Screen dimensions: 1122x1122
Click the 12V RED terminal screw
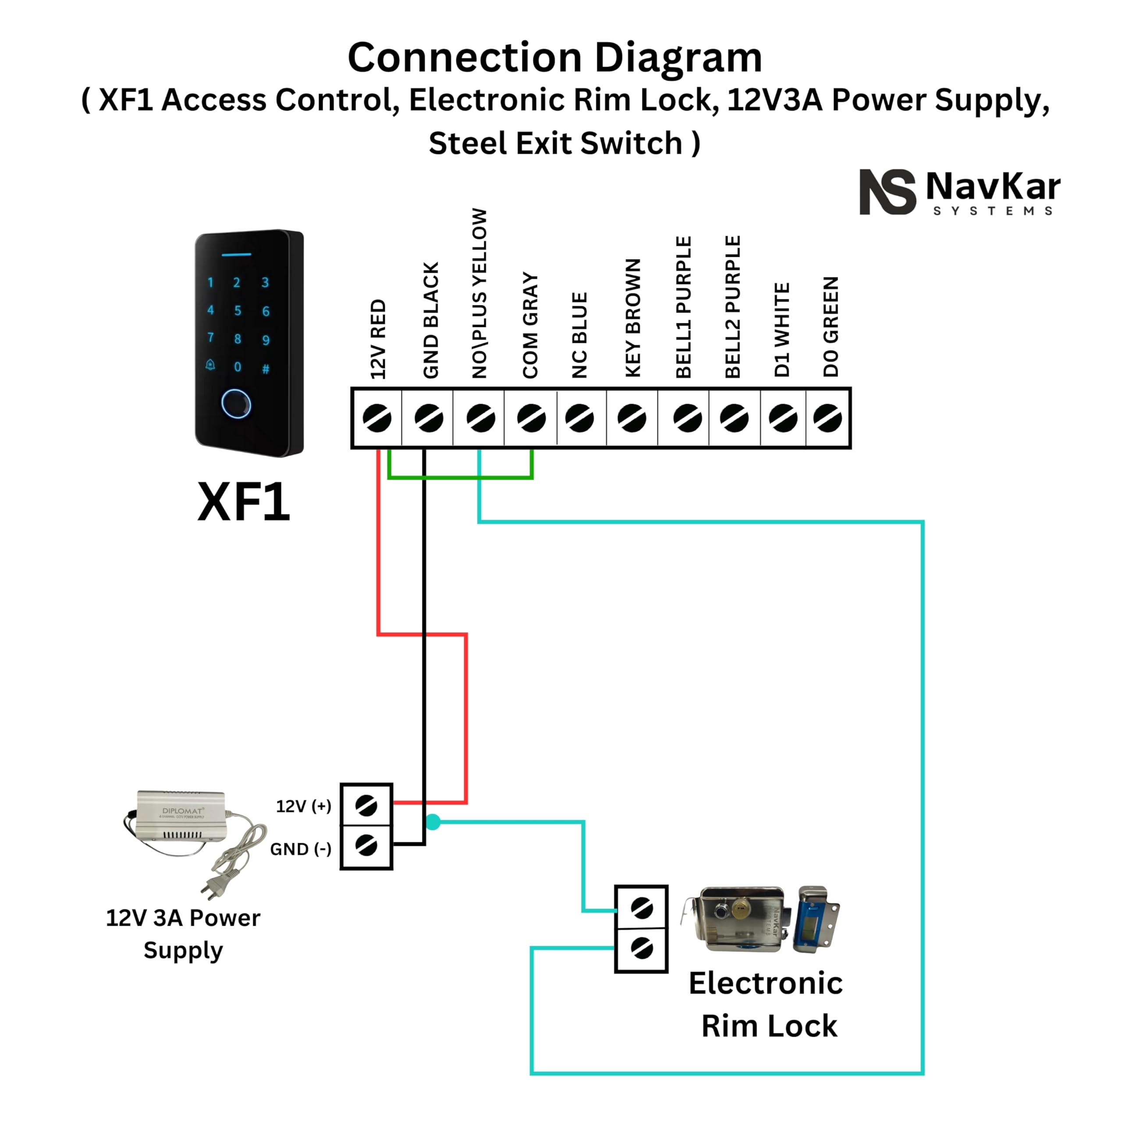point(377,418)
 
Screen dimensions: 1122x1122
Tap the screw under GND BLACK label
point(429,418)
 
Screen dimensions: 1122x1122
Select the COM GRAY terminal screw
point(531,418)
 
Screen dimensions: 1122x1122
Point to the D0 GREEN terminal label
point(831,327)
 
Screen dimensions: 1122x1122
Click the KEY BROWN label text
point(632,318)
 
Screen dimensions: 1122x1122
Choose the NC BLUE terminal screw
point(579,418)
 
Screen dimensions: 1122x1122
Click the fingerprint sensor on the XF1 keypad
point(236,403)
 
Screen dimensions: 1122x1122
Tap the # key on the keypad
point(266,369)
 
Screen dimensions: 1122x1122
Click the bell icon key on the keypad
point(210,365)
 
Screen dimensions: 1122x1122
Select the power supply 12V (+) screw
point(366,806)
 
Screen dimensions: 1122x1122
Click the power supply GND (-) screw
point(366,845)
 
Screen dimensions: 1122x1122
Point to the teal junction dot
point(433,822)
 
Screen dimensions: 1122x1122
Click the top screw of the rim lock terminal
point(641,908)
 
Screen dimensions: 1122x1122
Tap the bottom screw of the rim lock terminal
point(641,949)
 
